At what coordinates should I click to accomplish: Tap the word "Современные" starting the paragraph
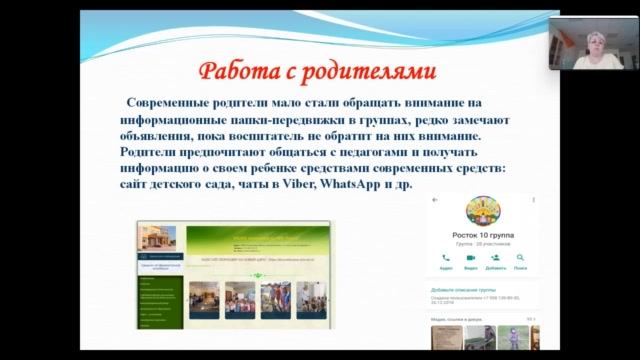[170, 103]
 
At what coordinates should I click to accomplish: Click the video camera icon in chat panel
[470, 258]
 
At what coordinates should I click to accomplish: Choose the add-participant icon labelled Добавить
[495, 258]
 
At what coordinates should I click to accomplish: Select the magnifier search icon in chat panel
[520, 258]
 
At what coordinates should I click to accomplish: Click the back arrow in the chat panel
[433, 200]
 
